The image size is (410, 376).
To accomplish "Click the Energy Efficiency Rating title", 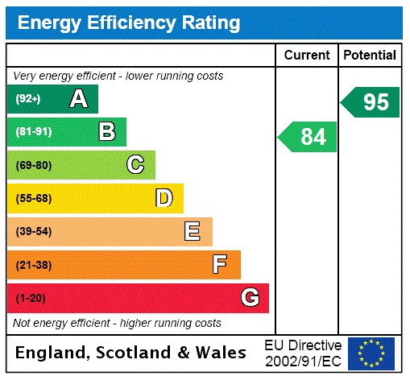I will coord(129,23).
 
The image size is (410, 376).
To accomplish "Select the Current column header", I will coord(307,56).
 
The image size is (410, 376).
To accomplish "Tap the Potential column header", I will coord(370,56).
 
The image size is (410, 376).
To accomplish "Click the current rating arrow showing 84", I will coord(309,137).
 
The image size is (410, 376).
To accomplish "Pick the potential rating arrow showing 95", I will coord(371,102).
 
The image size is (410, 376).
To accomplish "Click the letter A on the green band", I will coord(78,99).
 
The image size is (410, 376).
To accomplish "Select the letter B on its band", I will coord(106,132).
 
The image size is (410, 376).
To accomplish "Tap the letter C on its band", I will coord(135,165).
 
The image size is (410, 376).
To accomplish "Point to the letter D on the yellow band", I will coord(164,198).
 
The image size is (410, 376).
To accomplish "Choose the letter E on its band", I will coord(192,232).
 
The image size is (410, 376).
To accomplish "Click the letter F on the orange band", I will coord(219,264).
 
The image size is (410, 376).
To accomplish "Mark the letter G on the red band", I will coord(250,298).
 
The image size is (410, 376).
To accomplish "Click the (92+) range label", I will coord(28,99).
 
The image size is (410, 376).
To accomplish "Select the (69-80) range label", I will coord(33,165).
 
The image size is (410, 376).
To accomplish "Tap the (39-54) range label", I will coord(33,232).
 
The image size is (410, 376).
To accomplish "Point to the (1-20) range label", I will coord(31,298).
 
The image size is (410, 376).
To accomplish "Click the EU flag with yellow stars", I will coord(371,353).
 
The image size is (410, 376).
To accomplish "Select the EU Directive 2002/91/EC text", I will coord(303,353).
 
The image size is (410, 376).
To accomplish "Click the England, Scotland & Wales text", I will coord(131,353).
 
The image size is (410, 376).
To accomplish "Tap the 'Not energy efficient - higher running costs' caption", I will coord(118,323).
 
